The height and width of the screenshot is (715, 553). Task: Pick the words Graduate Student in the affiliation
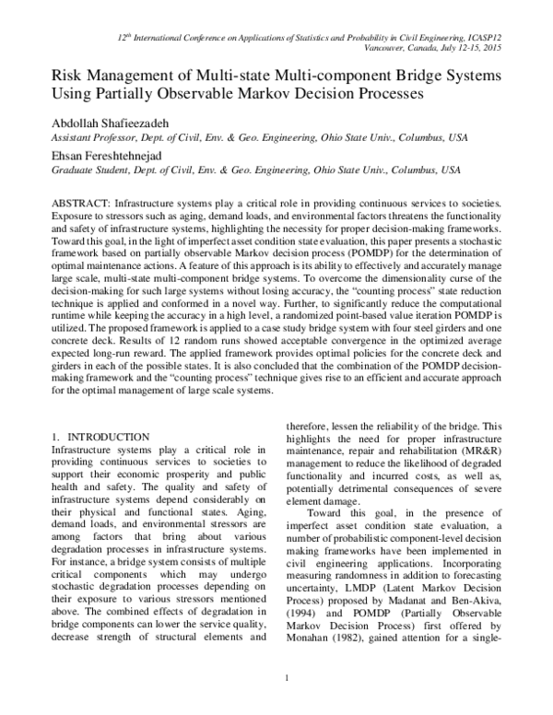point(58,171)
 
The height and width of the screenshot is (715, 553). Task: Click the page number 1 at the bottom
point(288,705)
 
